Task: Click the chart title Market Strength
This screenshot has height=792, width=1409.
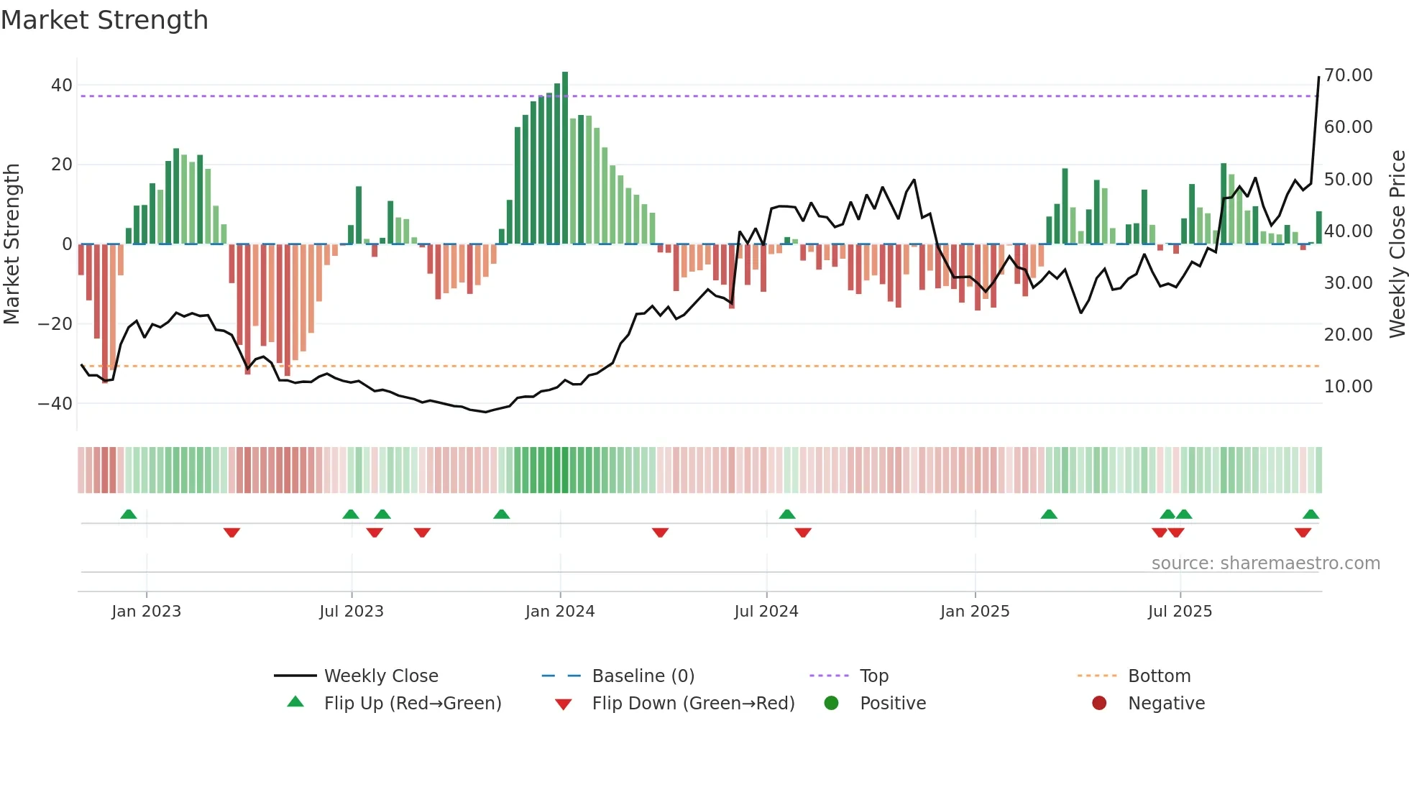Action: click(x=104, y=20)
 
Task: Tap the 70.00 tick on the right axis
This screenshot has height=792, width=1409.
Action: click(x=1348, y=75)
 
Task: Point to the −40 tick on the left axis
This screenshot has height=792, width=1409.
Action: click(x=55, y=404)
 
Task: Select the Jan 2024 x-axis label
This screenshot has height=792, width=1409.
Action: click(x=560, y=612)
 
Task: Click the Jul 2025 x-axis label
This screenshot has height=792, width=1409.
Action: click(x=1180, y=612)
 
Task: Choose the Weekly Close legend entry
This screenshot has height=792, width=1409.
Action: click(x=380, y=676)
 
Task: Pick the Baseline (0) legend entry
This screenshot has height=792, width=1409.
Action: click(x=643, y=676)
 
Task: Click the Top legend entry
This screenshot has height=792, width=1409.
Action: click(x=873, y=676)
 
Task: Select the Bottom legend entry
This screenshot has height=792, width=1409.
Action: click(x=1159, y=676)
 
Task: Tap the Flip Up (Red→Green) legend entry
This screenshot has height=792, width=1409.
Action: click(x=412, y=704)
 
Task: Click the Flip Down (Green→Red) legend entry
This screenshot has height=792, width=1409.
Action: click(x=693, y=704)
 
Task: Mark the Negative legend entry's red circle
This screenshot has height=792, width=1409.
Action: click(x=1099, y=704)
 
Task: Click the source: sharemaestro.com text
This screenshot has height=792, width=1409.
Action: click(x=1265, y=563)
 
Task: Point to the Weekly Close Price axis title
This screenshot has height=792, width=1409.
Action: click(x=1397, y=244)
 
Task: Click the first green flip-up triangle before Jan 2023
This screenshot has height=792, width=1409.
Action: click(x=129, y=515)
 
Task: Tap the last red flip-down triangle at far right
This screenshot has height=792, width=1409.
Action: click(x=1303, y=533)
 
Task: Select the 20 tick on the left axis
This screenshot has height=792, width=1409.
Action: click(x=61, y=165)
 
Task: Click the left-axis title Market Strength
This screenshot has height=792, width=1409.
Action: click(x=12, y=244)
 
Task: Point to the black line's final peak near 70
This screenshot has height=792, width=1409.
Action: click(x=1318, y=78)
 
